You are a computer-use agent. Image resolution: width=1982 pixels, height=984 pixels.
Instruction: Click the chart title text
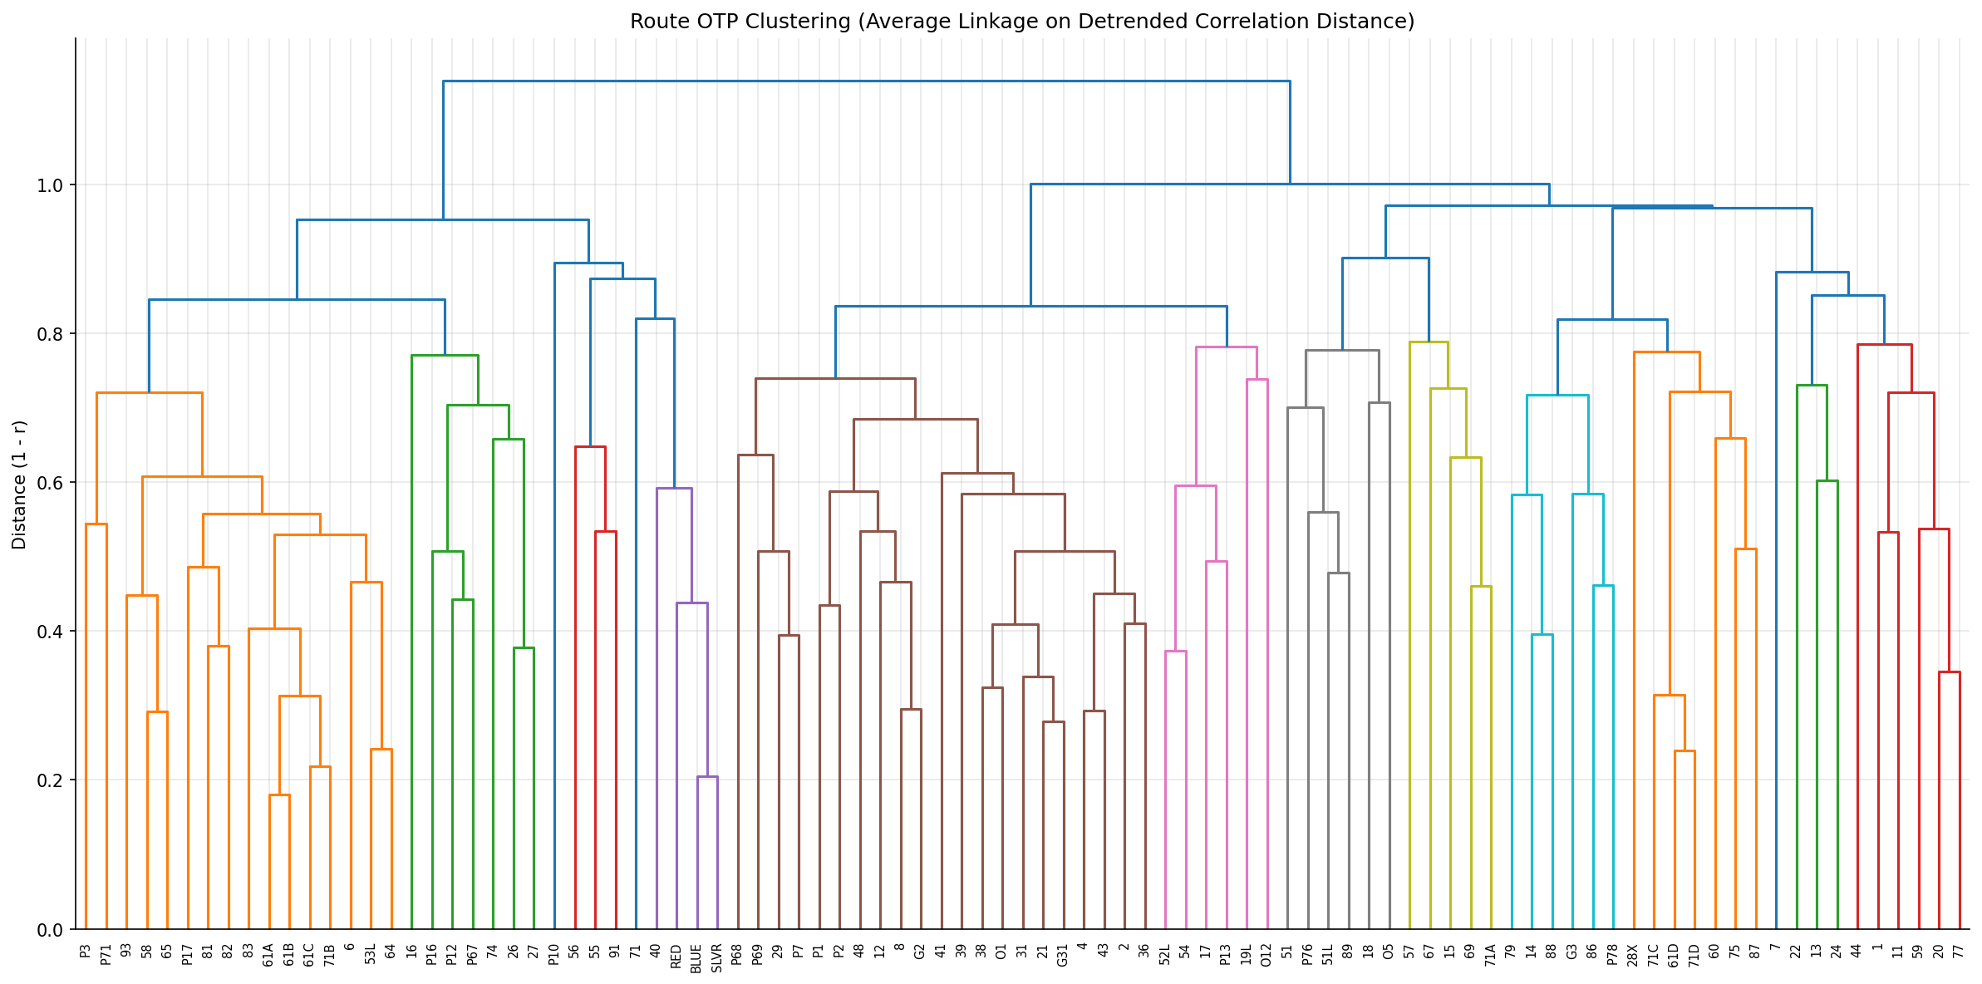click(1021, 22)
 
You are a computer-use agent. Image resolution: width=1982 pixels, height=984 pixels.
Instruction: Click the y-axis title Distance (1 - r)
click(19, 485)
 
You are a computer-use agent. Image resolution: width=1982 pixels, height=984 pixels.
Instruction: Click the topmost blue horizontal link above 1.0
click(864, 81)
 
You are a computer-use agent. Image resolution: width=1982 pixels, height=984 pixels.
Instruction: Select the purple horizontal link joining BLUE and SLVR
click(707, 777)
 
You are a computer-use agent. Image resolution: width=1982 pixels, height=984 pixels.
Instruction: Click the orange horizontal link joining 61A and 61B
click(279, 795)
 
